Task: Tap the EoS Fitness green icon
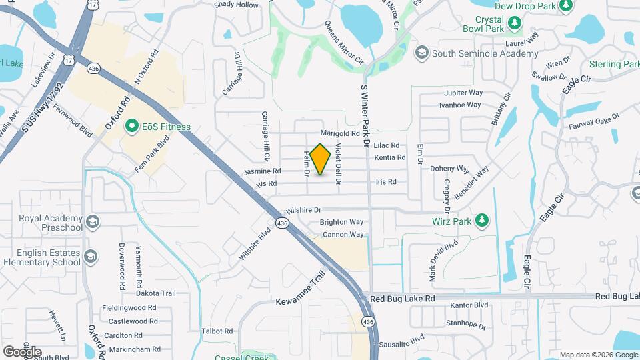(132, 126)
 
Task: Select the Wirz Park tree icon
(483, 220)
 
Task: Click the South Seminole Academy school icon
(421, 53)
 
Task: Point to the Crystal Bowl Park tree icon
(515, 24)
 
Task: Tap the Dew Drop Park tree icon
(566, 6)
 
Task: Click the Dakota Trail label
(155, 293)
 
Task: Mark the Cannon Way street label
(343, 235)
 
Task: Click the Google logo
(22, 351)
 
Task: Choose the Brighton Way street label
(341, 222)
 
